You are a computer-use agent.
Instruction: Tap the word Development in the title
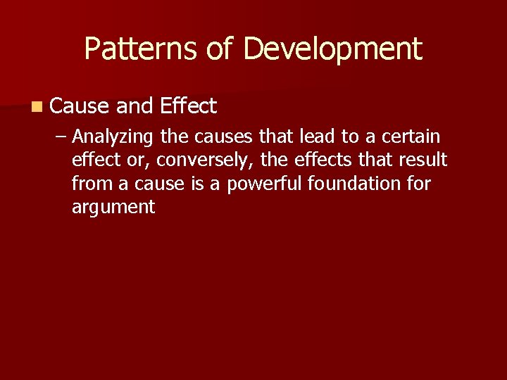(x=332, y=49)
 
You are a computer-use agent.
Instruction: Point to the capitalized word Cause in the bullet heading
(x=80, y=106)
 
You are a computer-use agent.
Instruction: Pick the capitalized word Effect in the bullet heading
(x=188, y=106)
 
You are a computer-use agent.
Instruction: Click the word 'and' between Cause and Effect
(x=134, y=106)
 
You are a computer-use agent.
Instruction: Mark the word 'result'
(x=421, y=160)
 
